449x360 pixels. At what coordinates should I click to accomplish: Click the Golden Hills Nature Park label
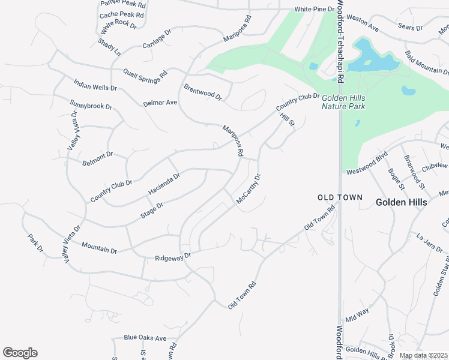[x=343, y=102]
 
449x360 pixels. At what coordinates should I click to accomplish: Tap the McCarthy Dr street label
[x=249, y=189]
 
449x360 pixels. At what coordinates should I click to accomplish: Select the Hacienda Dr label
[x=164, y=184]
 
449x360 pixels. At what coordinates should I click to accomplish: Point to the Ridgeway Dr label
[x=172, y=256]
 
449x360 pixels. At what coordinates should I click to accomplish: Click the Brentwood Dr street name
[x=203, y=92]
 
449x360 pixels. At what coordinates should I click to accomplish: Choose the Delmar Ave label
[x=160, y=103]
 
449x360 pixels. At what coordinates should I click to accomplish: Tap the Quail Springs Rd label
[x=145, y=76]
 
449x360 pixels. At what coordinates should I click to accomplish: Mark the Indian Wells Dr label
[x=95, y=83]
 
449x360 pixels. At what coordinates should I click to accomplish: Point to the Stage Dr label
[x=152, y=210]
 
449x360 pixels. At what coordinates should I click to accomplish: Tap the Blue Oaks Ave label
[x=145, y=338]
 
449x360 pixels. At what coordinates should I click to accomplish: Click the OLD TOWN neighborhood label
[x=340, y=197]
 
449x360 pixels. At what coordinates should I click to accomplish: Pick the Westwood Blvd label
[x=367, y=166]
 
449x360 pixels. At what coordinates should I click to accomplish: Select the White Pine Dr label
[x=313, y=10]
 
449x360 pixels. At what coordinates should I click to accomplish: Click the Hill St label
[x=288, y=119]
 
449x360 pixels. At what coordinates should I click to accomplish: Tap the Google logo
[x=20, y=352]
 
